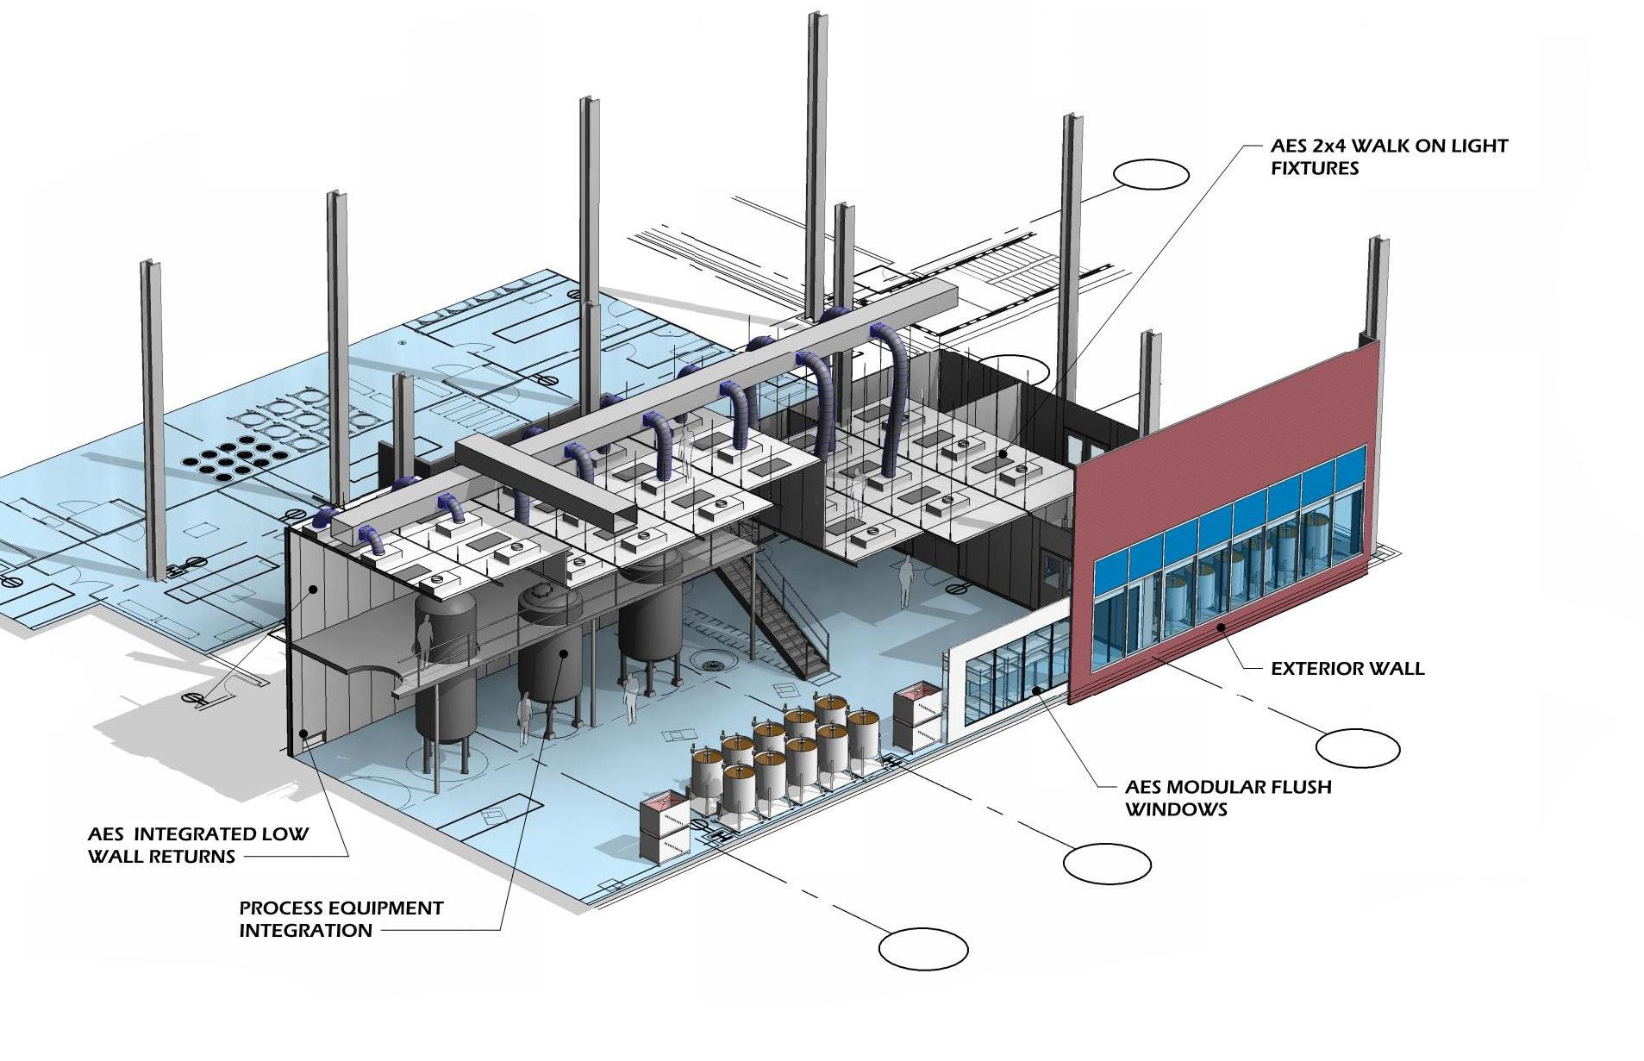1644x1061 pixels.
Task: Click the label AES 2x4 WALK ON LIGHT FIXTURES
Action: click(1388, 157)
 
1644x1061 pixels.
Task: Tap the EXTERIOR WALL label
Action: click(1347, 668)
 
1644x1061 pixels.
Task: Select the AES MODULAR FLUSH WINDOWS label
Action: click(1227, 797)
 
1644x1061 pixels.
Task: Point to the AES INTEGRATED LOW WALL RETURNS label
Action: click(197, 845)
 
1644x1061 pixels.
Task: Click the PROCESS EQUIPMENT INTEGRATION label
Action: click(341, 919)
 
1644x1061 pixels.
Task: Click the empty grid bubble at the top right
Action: click(1150, 175)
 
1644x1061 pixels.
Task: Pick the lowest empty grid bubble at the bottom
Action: click(922, 949)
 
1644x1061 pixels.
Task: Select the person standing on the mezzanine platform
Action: click(424, 640)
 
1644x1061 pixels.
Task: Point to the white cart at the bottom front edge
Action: click(664, 827)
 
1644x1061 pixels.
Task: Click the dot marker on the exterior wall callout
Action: click(1221, 628)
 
